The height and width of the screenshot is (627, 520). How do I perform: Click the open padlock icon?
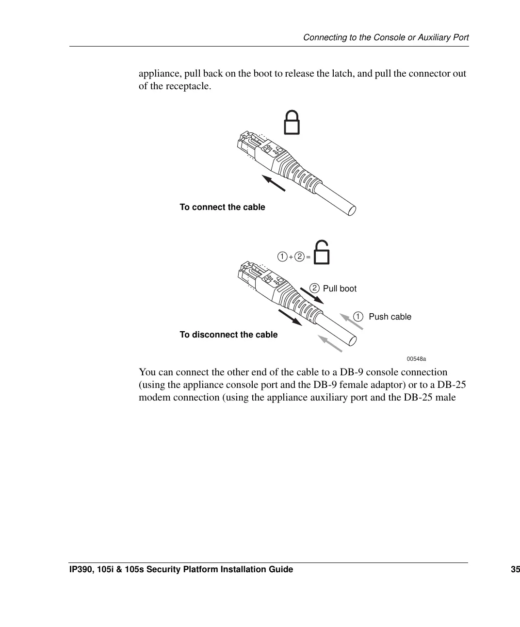(322, 253)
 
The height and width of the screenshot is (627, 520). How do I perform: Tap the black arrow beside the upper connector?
(274, 183)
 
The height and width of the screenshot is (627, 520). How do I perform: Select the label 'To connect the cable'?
(222, 207)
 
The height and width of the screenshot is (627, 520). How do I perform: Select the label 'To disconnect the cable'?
(228, 335)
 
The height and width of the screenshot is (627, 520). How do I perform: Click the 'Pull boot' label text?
(340, 289)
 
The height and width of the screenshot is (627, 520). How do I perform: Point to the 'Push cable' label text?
(390, 317)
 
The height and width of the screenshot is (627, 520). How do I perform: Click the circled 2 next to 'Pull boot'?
(315, 288)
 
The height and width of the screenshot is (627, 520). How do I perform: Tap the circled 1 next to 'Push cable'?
(358, 317)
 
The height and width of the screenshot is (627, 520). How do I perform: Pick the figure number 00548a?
(416, 359)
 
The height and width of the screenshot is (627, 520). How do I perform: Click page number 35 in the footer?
(515, 569)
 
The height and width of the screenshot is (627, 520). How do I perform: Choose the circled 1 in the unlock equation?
(282, 257)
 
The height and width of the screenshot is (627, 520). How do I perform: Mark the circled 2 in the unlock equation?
(300, 257)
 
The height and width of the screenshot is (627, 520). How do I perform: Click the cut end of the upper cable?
(352, 209)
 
